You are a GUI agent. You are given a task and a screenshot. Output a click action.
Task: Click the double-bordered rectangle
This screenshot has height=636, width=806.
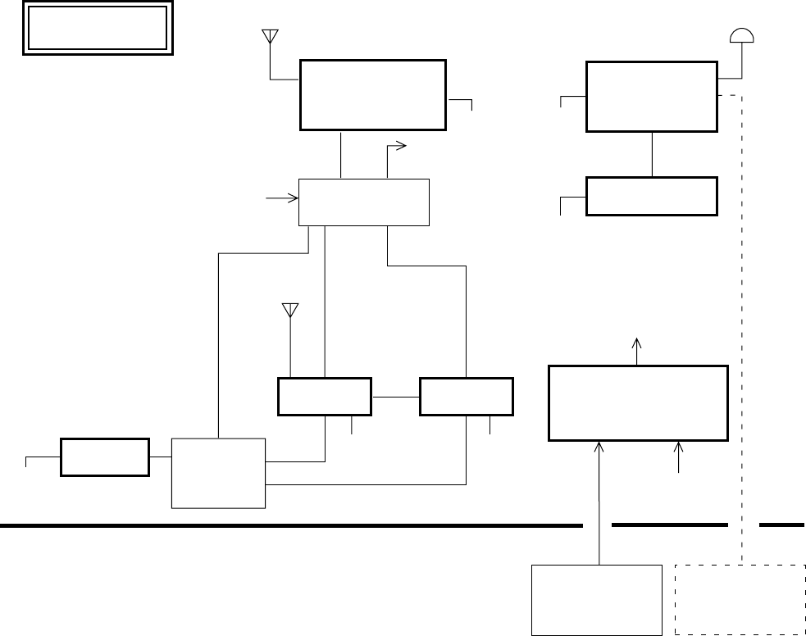click(98, 30)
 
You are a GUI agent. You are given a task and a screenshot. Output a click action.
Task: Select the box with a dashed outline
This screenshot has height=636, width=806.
click(740, 599)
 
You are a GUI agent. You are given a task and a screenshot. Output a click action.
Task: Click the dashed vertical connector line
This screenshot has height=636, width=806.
click(743, 328)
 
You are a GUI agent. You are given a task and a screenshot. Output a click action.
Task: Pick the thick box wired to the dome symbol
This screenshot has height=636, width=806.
click(652, 96)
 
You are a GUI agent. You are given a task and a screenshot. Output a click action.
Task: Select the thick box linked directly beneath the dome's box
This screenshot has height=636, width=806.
click(652, 196)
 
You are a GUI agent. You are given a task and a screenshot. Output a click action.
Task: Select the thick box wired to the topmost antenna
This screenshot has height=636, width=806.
click(373, 94)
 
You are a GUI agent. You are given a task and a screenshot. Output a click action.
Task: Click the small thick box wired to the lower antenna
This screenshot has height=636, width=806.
click(325, 397)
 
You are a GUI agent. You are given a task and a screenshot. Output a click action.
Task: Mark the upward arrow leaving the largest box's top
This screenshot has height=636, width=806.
click(638, 348)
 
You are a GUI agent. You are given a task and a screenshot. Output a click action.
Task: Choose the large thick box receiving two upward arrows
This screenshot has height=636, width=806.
click(638, 403)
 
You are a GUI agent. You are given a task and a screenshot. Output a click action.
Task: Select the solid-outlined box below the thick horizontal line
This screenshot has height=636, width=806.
click(597, 599)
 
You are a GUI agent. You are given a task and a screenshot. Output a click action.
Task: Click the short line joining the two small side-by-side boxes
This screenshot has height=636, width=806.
click(395, 397)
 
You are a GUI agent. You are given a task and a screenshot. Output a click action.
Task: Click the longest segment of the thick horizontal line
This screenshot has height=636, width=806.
click(291, 525)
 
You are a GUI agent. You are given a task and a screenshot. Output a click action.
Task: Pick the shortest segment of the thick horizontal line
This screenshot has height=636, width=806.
click(781, 525)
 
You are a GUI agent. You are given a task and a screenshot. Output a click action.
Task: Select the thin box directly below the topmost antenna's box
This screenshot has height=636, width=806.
click(364, 201)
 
